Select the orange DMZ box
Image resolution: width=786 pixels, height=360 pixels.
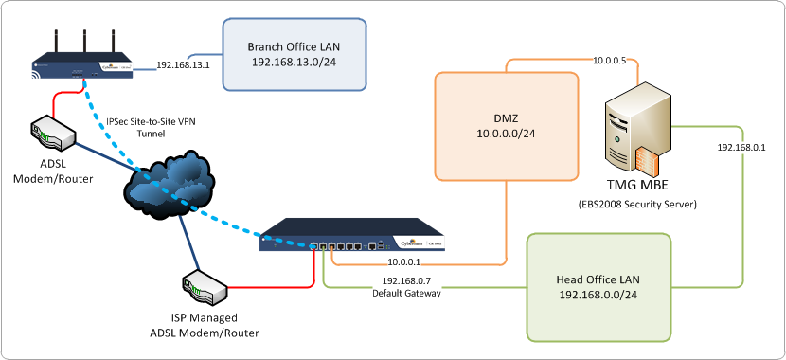click(x=506, y=127)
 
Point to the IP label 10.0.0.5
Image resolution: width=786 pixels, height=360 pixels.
click(x=609, y=61)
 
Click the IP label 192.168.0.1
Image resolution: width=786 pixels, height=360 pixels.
click(x=741, y=148)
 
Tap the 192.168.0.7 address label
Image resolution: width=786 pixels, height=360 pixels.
click(x=405, y=281)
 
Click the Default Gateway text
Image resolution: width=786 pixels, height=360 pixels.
click(x=405, y=293)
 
